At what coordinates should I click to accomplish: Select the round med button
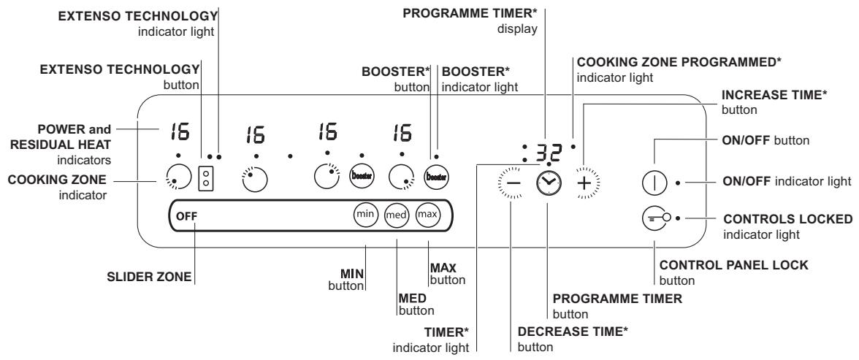click(x=396, y=215)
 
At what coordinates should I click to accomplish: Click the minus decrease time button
click(x=512, y=183)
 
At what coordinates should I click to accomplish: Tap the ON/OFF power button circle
click(x=654, y=182)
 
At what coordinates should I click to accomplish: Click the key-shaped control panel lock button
click(x=654, y=218)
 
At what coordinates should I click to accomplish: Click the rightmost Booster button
click(x=437, y=177)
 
